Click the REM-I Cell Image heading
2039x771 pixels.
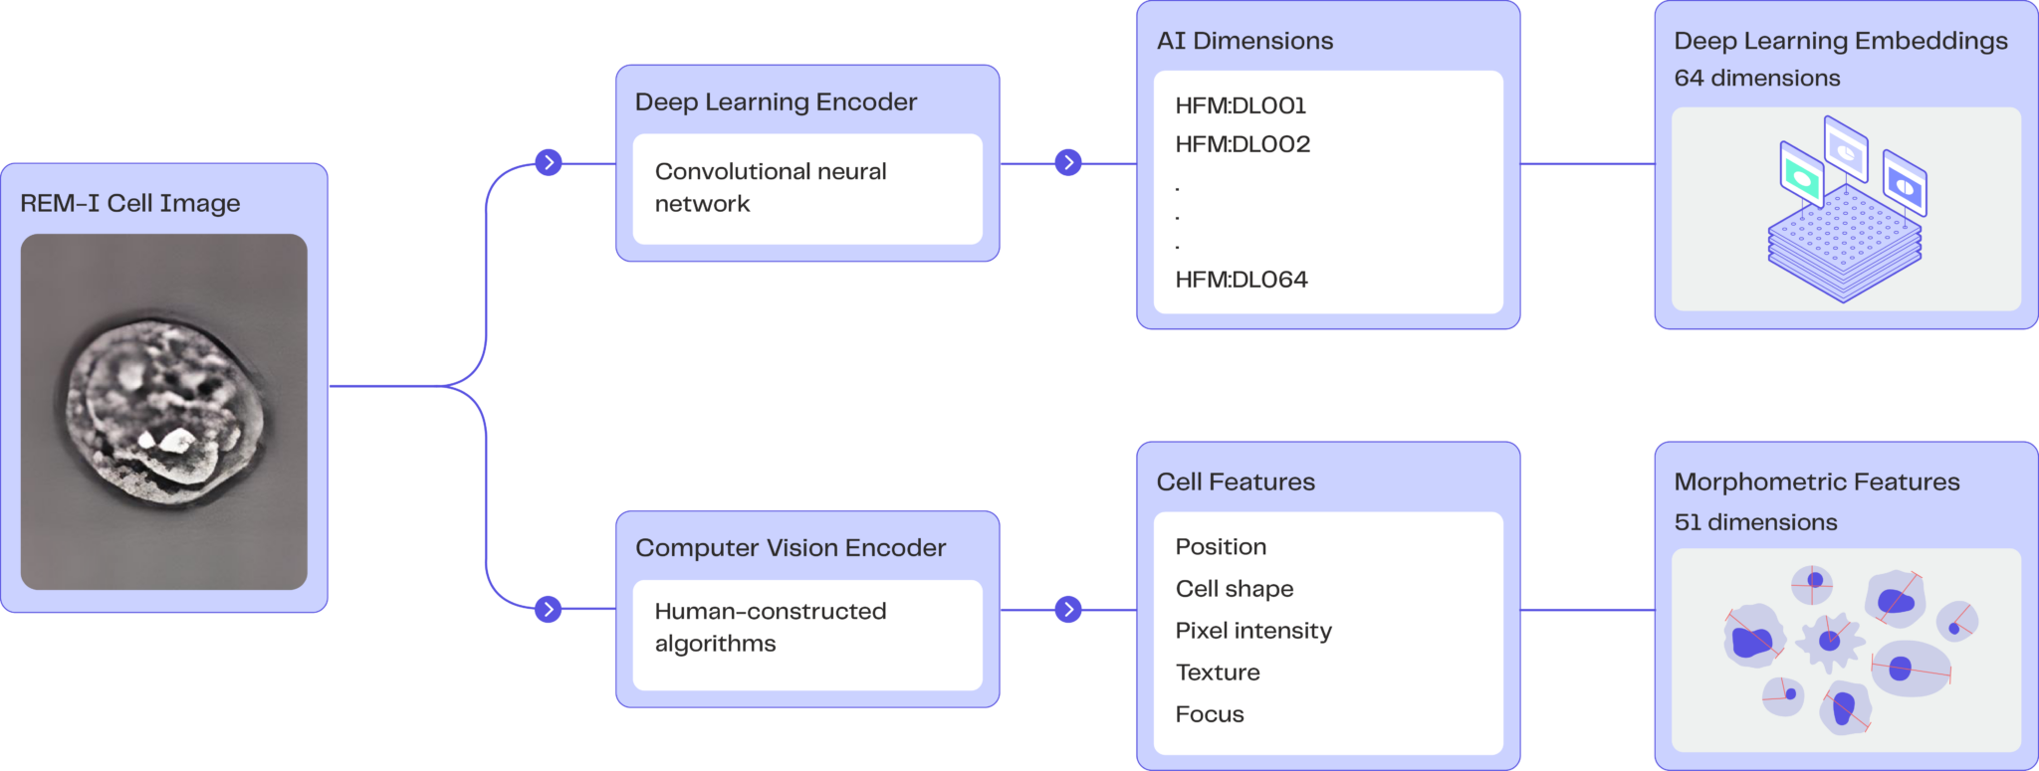pos(130,203)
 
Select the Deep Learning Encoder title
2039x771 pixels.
pos(776,101)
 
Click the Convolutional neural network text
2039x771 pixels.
pos(770,187)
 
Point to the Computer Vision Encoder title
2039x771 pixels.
pos(791,547)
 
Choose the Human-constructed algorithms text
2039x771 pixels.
pos(770,627)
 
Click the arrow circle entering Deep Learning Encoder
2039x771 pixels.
pos(549,162)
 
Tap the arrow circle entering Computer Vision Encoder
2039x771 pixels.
pos(549,609)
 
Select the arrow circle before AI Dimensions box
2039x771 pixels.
pos(1068,162)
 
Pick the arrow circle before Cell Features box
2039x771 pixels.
pos(1068,609)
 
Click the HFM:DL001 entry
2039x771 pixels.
pos(1241,105)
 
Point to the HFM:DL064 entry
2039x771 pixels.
pos(1242,280)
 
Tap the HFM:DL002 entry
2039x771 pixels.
pos(1243,144)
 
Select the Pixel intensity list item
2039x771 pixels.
pos(1253,631)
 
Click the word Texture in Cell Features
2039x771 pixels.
pos(1218,673)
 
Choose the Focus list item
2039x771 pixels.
pos(1210,714)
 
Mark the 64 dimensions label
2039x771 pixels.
pos(1757,78)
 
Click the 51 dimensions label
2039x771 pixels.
pos(1755,522)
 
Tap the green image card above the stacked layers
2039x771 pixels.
pos(1801,176)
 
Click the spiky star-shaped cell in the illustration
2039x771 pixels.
pos(1830,641)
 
